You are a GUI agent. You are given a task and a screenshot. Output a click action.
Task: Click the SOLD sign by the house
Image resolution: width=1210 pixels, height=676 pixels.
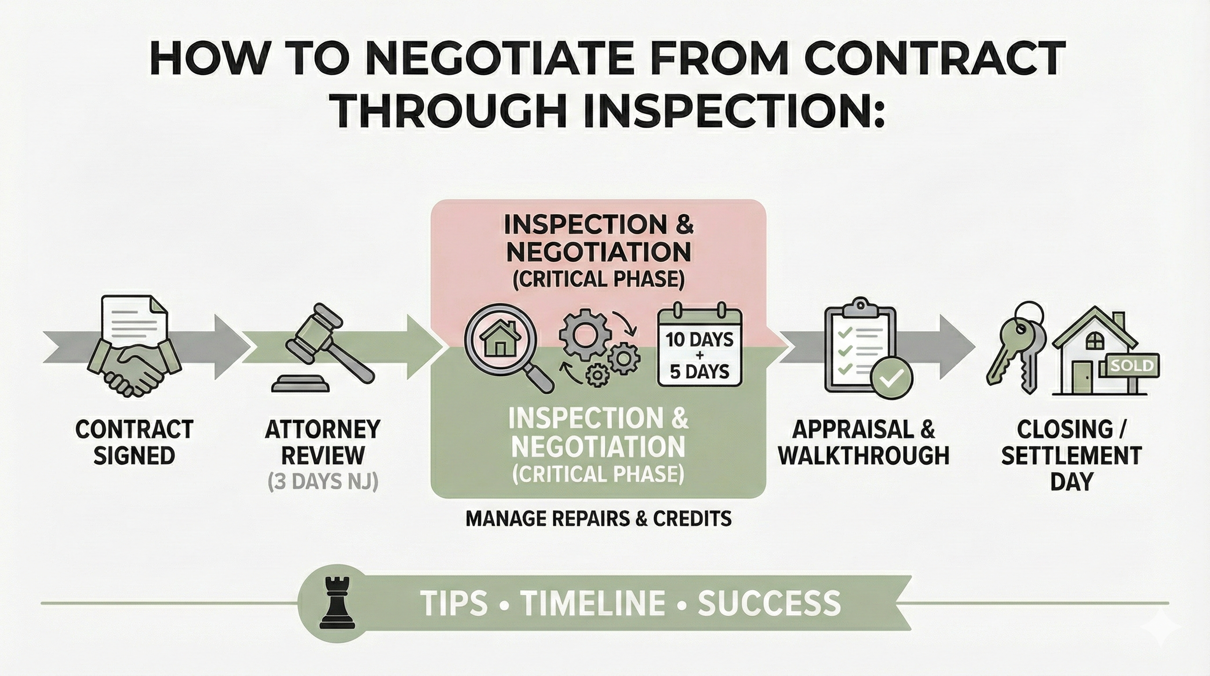pyautogui.click(x=1133, y=365)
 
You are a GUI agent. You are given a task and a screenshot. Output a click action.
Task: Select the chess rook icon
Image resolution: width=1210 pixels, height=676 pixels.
pyautogui.click(x=337, y=603)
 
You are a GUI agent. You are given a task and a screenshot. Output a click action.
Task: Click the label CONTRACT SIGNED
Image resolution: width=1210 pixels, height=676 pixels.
pyautogui.click(x=135, y=442)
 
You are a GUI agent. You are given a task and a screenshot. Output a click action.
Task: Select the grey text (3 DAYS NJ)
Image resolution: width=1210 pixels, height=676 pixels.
pyautogui.click(x=323, y=483)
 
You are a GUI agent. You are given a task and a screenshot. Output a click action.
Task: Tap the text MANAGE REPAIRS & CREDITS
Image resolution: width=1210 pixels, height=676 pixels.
pyautogui.click(x=598, y=518)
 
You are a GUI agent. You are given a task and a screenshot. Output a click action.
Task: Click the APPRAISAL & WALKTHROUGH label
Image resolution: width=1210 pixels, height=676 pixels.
pyautogui.click(x=864, y=442)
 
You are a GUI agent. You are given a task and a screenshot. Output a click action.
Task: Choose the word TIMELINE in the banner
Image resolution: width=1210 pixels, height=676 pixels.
pyautogui.click(x=593, y=603)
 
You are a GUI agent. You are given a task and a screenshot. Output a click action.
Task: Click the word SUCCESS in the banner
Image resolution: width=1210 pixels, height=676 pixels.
pyautogui.click(x=769, y=603)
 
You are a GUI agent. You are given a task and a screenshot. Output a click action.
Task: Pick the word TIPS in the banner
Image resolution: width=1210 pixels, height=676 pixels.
pyautogui.click(x=454, y=603)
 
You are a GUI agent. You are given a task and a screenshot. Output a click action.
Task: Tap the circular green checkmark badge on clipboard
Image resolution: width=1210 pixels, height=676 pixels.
pyautogui.click(x=891, y=378)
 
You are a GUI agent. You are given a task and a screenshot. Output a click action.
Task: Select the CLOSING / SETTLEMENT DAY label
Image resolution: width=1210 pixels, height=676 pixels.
pyautogui.click(x=1072, y=455)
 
